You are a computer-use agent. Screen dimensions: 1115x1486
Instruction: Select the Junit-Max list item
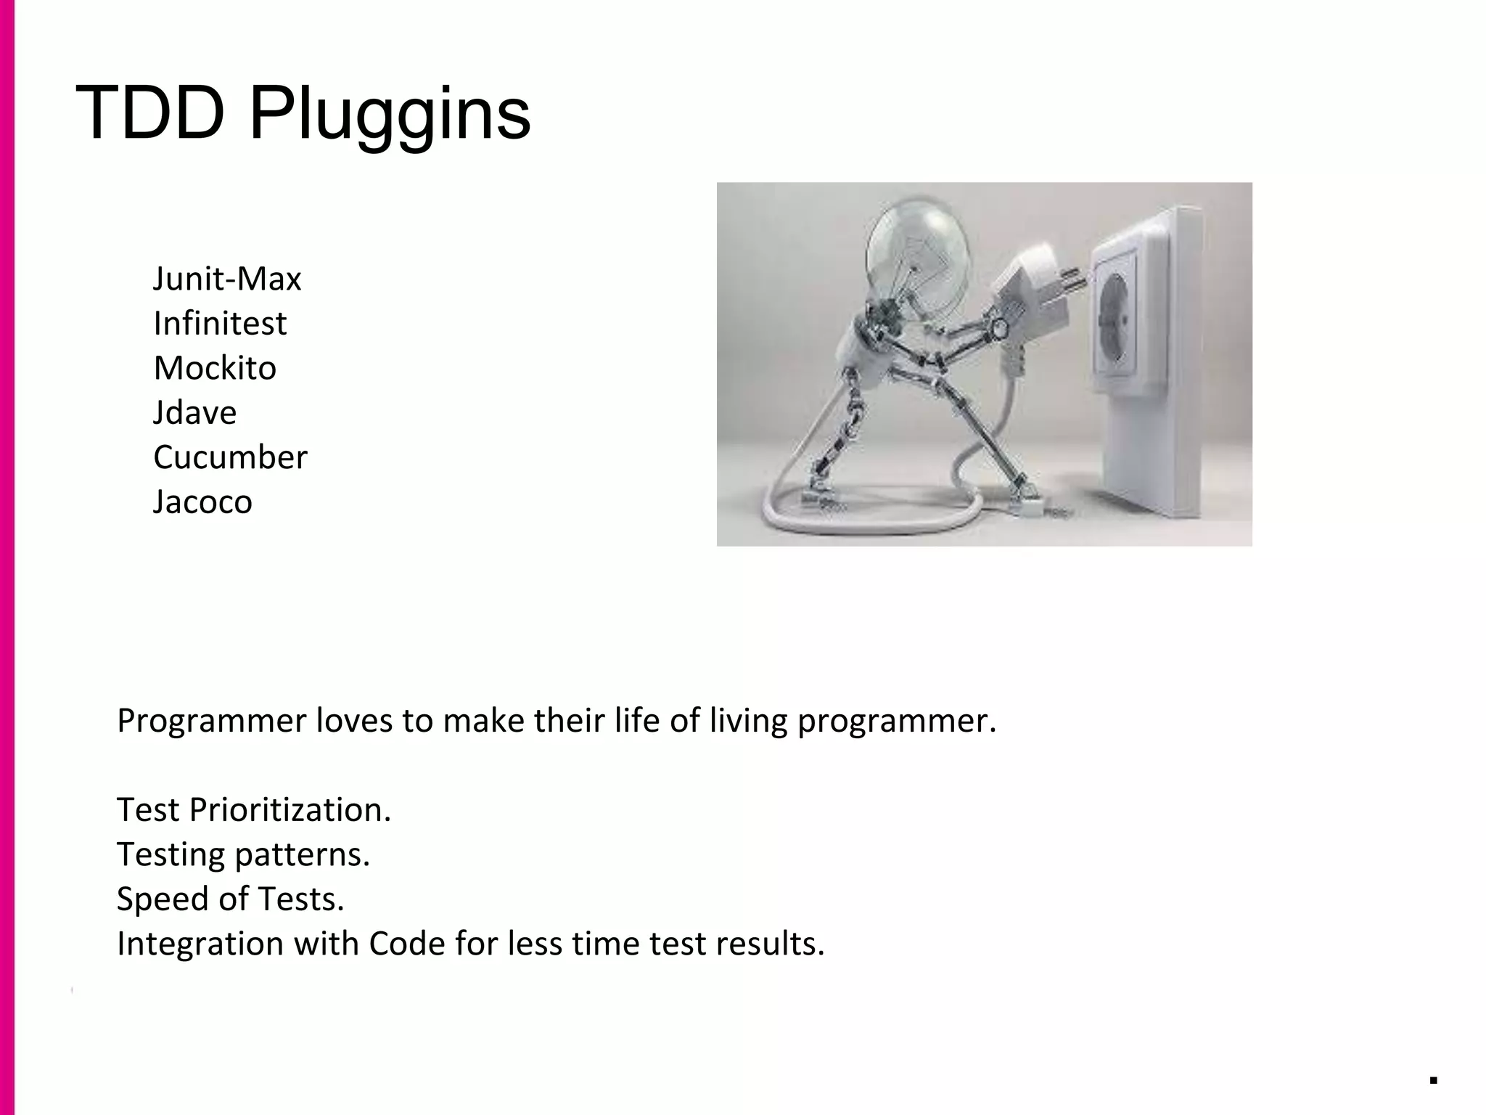(226, 279)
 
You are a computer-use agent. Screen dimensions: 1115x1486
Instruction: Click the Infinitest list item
(220, 324)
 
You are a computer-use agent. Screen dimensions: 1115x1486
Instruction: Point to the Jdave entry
(194, 413)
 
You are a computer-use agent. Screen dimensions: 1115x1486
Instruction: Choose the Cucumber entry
(230, 457)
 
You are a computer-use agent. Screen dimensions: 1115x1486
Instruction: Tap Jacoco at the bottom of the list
(202, 502)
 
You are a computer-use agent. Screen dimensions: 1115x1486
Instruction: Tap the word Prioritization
(290, 810)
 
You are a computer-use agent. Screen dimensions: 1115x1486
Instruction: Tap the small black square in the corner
(1434, 1080)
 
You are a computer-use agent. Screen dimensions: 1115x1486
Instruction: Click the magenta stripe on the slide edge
(7, 557)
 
